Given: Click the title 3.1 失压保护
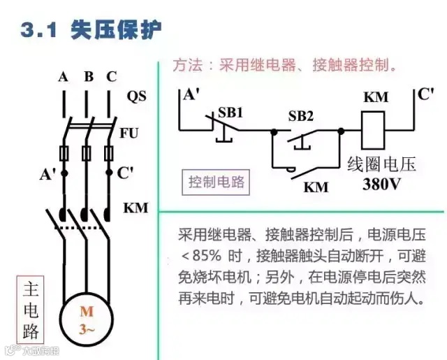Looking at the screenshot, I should [91, 30].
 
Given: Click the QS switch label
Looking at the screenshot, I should [137, 96].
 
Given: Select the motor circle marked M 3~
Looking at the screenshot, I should [86, 320].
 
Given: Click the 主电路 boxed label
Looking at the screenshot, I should [31, 309].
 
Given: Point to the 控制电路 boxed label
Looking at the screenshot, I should [217, 182].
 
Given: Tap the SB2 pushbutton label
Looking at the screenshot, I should [301, 115].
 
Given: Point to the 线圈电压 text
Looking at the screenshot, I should [381, 165].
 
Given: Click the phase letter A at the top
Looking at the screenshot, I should [63, 77].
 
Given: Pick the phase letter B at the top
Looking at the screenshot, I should [88, 77].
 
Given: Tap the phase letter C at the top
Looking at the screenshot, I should [111, 77].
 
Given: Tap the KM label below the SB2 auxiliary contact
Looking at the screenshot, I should [316, 187].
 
